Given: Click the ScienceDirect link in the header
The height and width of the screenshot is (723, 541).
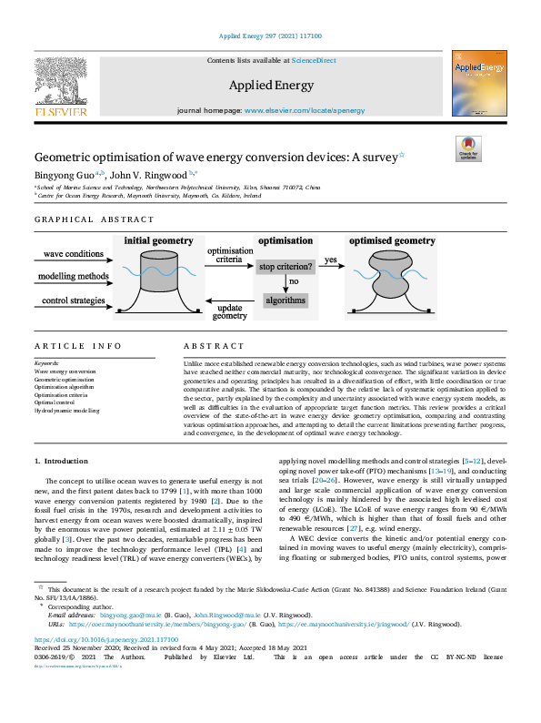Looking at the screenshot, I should tap(313, 60).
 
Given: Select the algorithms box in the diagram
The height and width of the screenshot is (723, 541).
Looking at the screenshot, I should tap(285, 300).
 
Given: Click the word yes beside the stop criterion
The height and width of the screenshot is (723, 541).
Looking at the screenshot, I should tap(331, 260).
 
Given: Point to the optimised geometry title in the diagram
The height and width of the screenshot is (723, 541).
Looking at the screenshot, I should tap(392, 241).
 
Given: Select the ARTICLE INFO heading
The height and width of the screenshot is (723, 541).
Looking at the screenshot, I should tap(77, 346).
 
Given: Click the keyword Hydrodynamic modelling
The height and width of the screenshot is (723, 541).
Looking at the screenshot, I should tap(67, 412).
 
